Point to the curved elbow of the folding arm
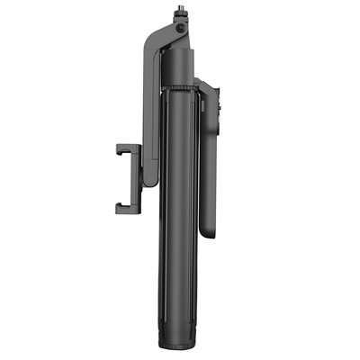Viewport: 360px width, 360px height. (x=149, y=45)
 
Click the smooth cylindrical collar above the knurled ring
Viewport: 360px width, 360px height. (x=181, y=67)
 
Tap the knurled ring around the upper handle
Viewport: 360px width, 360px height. (x=181, y=87)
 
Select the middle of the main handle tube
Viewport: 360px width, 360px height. (x=181, y=207)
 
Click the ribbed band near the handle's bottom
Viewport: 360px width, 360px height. (x=181, y=325)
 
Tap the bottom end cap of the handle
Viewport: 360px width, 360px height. (x=181, y=343)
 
